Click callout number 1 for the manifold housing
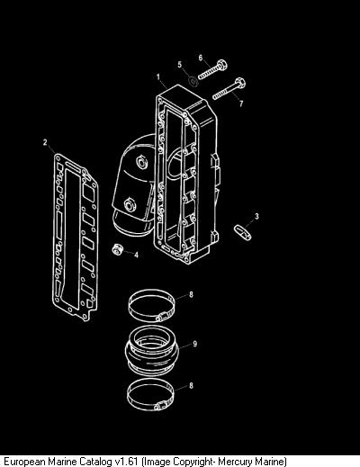point(158,77)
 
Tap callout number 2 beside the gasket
point(45,142)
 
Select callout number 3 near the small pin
point(256,216)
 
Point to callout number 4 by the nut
point(137,256)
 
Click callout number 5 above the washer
point(180,65)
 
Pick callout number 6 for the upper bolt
point(201,58)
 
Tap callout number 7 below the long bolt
point(241,103)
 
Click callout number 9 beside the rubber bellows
point(195,344)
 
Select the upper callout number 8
point(191,294)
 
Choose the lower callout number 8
point(191,385)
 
